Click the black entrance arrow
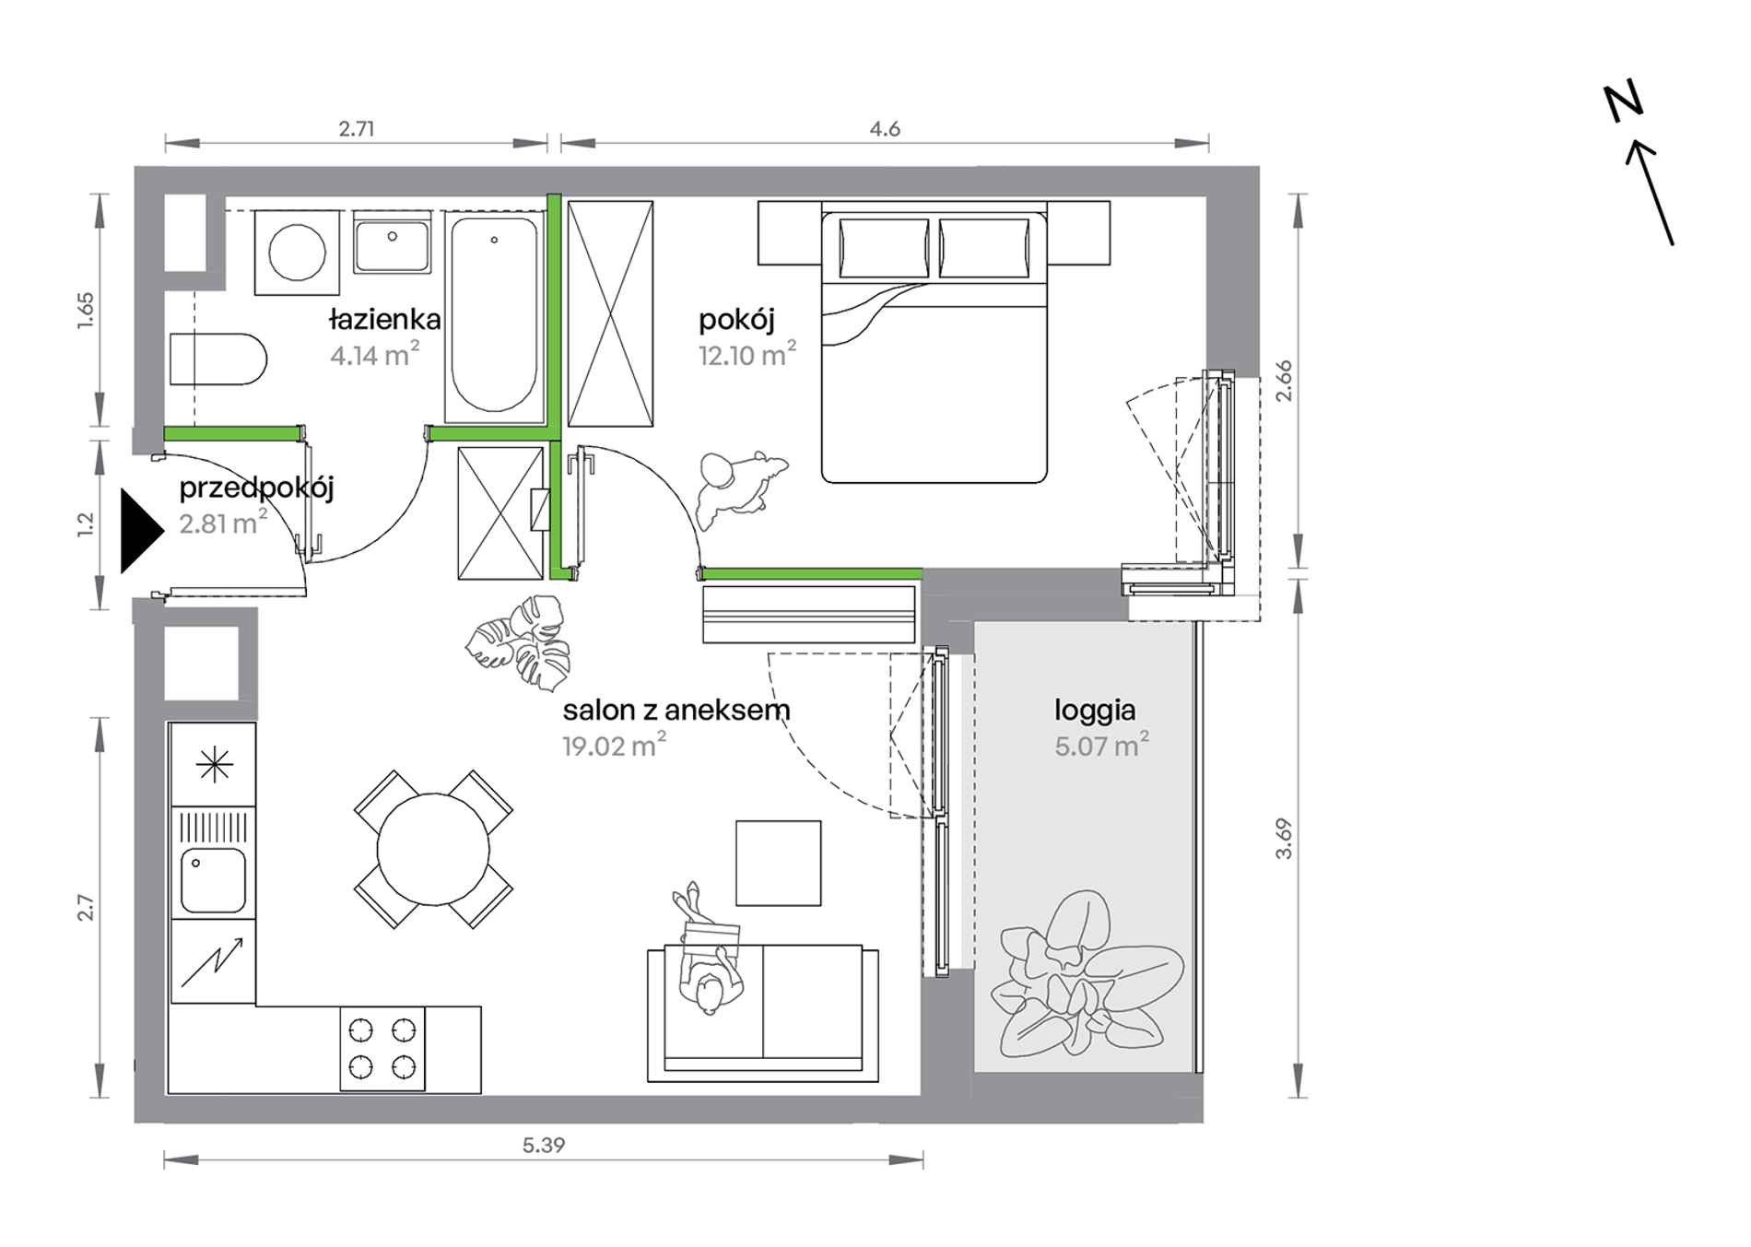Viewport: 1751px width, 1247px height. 138,531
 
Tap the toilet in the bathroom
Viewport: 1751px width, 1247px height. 218,359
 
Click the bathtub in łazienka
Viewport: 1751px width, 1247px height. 494,315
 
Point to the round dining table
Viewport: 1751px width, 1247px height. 433,850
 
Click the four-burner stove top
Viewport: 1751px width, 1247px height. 382,1049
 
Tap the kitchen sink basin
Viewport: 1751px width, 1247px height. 213,880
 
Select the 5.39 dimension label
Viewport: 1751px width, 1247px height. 544,1145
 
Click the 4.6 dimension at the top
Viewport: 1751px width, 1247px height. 885,129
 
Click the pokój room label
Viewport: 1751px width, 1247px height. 736,321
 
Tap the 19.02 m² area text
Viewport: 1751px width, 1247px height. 615,745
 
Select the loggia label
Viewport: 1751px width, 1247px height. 1095,712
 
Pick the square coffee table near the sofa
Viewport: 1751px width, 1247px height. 778,863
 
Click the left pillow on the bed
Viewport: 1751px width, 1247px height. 884,248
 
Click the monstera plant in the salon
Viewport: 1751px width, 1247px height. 518,642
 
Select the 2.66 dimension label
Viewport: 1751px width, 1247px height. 1284,380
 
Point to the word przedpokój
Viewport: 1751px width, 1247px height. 256,488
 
